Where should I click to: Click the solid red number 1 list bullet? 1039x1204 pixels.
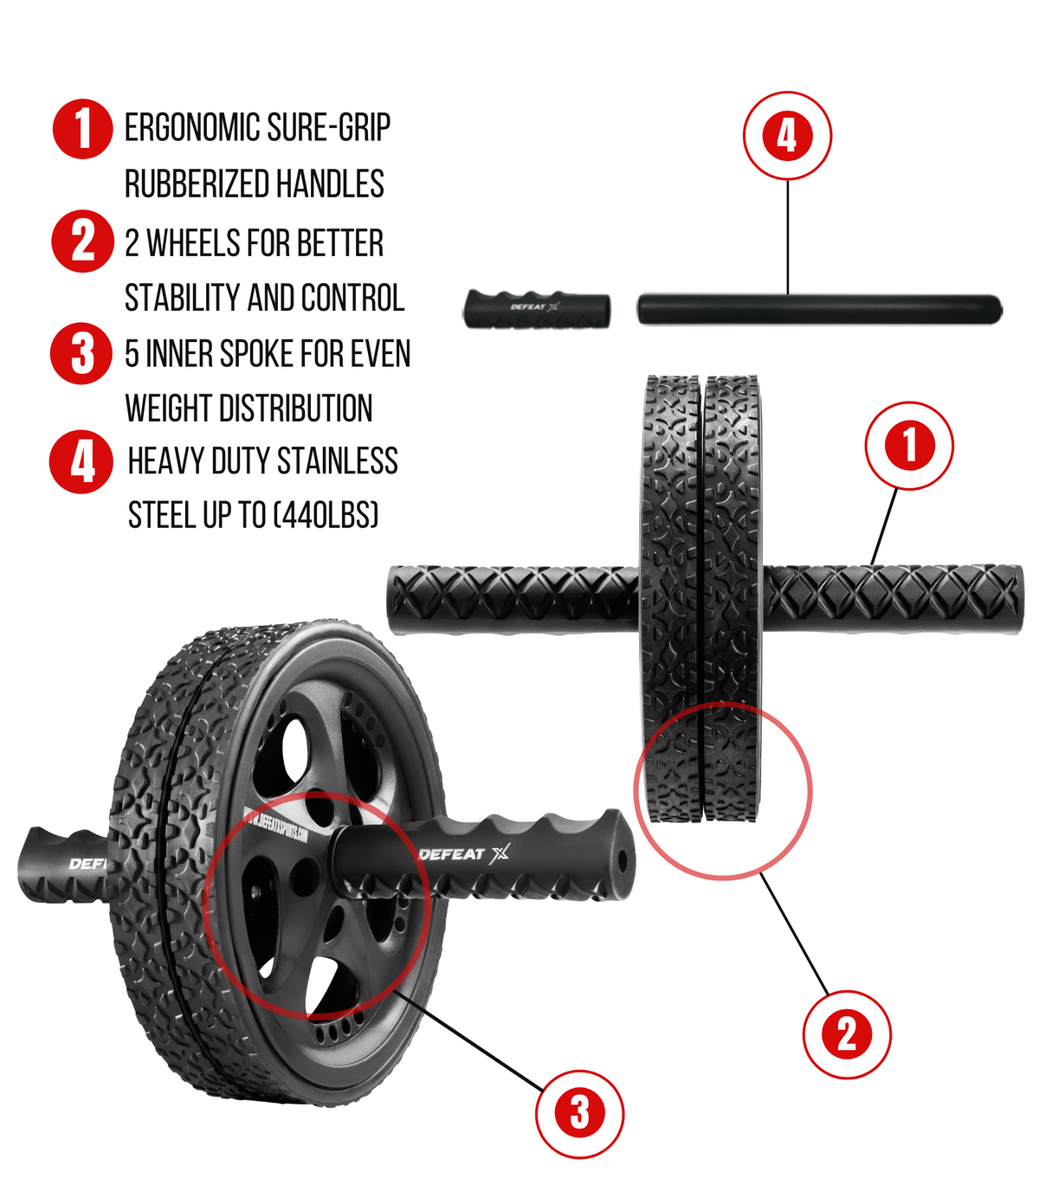[82, 129]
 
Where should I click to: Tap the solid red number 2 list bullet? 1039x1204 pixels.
[82, 241]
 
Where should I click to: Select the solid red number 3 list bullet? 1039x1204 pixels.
[81, 353]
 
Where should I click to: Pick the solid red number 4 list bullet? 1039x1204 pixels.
[81, 462]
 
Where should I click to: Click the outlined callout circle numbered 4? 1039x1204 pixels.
[787, 136]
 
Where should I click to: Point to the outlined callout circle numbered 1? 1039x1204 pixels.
[909, 446]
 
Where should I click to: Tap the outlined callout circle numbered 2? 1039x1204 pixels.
[846, 1034]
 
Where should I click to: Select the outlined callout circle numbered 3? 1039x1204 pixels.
[579, 1114]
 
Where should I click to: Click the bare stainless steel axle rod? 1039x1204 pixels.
[819, 309]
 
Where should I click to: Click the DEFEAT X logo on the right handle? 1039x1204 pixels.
[464, 854]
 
